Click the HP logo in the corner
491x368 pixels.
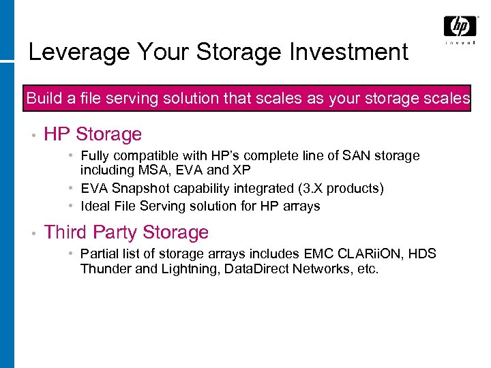coord(460,27)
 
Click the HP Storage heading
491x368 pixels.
coord(93,134)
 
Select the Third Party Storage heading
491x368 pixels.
coord(126,232)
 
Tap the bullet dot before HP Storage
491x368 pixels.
coord(32,135)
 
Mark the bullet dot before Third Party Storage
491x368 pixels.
coord(32,233)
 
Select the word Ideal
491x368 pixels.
coord(95,206)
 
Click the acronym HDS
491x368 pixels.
coord(423,254)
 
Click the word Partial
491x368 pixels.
coord(100,254)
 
